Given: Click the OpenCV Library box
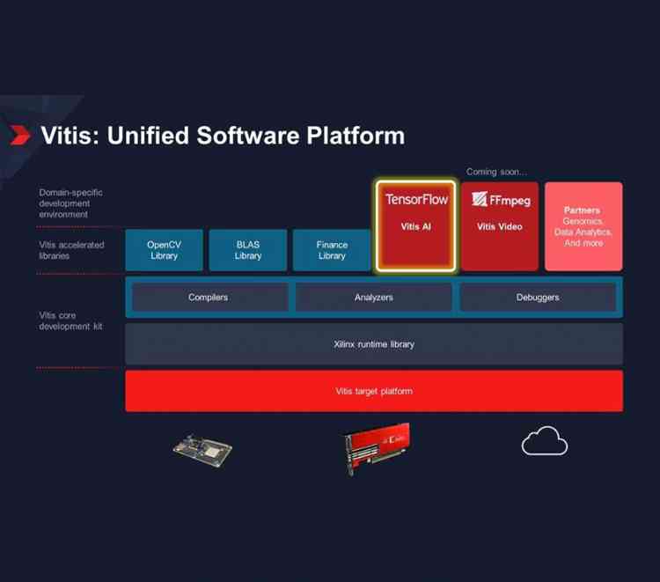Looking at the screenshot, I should point(164,250).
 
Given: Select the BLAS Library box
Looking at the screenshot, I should point(248,250).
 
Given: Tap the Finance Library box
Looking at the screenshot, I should point(332,250).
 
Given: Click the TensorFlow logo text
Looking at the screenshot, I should point(416,199).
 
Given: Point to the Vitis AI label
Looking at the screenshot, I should point(416,227).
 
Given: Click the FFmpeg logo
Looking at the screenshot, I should point(500,199).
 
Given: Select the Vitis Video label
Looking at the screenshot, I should point(500,227).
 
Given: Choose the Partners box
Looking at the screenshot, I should point(583,226).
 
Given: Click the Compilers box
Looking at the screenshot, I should point(208,298).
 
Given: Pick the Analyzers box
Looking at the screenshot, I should point(374,298).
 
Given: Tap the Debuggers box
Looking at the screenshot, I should point(538,298).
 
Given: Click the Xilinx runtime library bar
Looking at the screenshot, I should point(374,344).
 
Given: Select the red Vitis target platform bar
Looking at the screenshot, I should point(374,391).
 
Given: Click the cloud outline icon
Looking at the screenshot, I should point(545,440).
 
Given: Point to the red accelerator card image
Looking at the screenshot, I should point(376,447).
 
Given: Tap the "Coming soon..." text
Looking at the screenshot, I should point(496,173).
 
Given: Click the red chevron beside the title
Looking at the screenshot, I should point(19,136).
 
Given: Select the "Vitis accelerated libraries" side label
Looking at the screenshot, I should point(71,250).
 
